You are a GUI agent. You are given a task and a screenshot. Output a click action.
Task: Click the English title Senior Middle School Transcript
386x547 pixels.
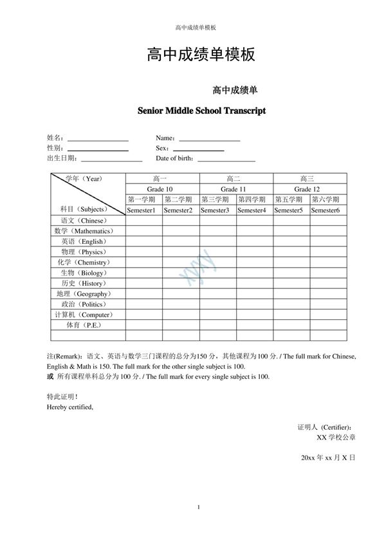pos(201,111)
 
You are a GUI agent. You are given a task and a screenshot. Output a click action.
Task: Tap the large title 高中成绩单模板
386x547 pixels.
pos(201,55)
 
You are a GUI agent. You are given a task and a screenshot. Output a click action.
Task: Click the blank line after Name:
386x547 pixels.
pos(209,139)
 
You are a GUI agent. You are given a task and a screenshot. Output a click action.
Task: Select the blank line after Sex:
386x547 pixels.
pos(199,149)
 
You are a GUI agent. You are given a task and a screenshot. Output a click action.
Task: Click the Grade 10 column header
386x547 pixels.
pos(162,189)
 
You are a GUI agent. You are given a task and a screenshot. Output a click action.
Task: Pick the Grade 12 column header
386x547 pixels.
pos(309,189)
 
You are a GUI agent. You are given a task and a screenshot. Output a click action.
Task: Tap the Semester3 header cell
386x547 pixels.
pos(217,210)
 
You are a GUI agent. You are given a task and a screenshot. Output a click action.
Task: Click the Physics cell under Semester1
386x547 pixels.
pos(143,252)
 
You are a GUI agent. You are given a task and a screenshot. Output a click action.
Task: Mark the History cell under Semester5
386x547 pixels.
pos(291,283)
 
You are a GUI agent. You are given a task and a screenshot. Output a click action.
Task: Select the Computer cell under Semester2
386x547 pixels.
pos(180,315)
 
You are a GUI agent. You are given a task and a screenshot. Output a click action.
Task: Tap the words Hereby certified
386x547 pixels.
pos(70,407)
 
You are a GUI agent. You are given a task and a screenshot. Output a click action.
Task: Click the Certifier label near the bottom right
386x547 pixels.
pos(325,427)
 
